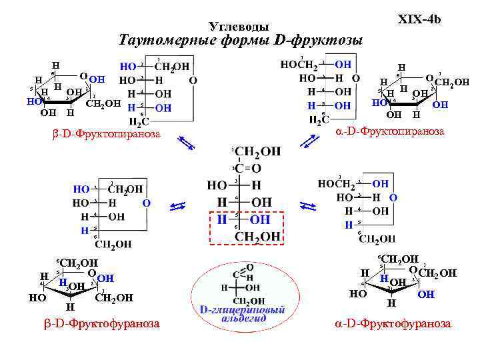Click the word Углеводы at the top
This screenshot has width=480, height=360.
239,27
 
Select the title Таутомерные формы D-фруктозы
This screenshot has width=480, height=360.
240,41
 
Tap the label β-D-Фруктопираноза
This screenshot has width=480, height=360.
106,134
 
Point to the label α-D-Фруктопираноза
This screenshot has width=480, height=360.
389,131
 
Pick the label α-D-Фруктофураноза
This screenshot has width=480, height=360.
392,323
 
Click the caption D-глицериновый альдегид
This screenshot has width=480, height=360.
242,314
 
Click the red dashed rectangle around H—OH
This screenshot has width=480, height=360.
247,227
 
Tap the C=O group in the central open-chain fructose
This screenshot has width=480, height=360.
247,169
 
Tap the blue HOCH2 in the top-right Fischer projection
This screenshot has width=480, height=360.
298,64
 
